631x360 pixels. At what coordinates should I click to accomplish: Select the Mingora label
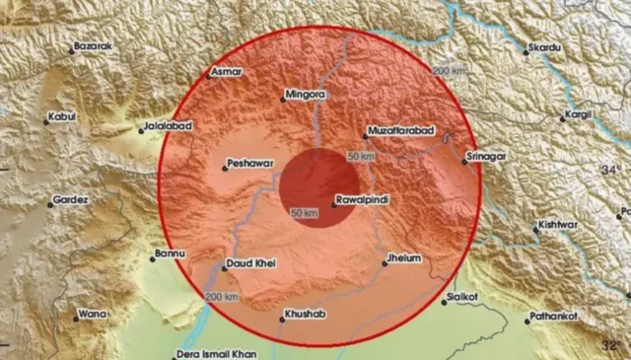[x=304, y=96]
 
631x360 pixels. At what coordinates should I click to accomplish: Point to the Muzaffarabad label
[x=399, y=130]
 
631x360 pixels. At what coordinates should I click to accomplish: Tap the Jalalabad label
[x=167, y=126]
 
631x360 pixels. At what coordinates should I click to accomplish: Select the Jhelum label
[x=403, y=257]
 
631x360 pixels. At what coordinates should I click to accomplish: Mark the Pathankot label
[x=554, y=316]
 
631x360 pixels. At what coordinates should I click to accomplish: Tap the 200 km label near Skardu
[x=449, y=71]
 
